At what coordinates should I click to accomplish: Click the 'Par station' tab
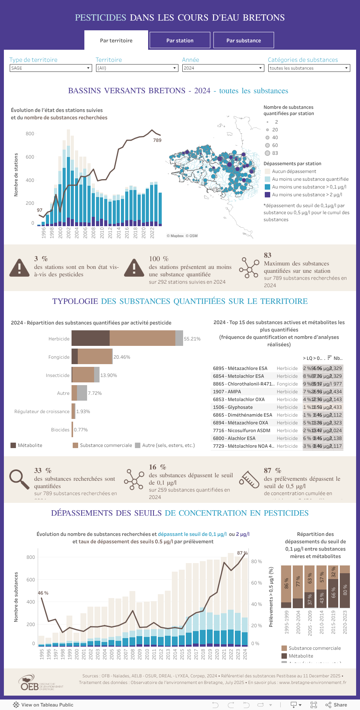[x=180, y=40]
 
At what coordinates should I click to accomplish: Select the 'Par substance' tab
[x=243, y=40]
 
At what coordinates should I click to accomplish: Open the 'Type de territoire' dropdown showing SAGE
[x=51, y=68]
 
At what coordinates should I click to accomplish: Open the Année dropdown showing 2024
[x=223, y=68]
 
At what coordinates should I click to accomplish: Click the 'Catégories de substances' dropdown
[x=309, y=68]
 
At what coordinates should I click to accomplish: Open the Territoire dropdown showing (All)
[x=137, y=68]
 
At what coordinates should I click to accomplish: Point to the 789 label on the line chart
[x=157, y=140]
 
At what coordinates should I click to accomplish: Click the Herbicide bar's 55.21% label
[x=192, y=339]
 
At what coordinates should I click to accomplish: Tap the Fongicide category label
[x=59, y=357]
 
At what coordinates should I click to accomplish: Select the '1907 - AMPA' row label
[x=227, y=392]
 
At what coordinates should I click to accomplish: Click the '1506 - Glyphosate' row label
[x=233, y=407]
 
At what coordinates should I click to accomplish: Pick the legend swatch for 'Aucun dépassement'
[x=267, y=171]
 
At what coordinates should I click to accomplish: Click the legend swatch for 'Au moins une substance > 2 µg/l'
[x=267, y=195]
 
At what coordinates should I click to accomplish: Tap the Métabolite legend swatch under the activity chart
[x=13, y=445]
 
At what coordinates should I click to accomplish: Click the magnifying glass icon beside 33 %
[x=19, y=479]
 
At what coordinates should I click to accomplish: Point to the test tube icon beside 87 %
[x=249, y=479]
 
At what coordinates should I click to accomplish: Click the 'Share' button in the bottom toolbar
[x=336, y=705]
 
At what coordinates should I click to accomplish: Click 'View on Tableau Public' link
[x=43, y=705]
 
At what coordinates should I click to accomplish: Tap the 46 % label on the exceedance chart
[x=43, y=593]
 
